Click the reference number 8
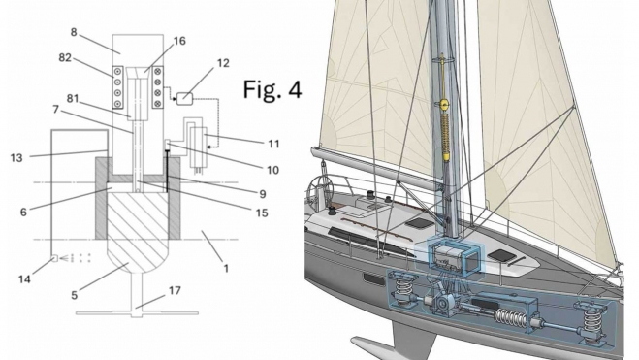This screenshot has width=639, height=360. point(74,32)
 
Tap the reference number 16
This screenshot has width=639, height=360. point(179,41)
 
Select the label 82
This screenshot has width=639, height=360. point(65,58)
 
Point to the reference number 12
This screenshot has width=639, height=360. point(223,63)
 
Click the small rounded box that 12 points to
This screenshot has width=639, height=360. point(184,98)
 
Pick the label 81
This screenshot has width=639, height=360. point(73,99)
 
